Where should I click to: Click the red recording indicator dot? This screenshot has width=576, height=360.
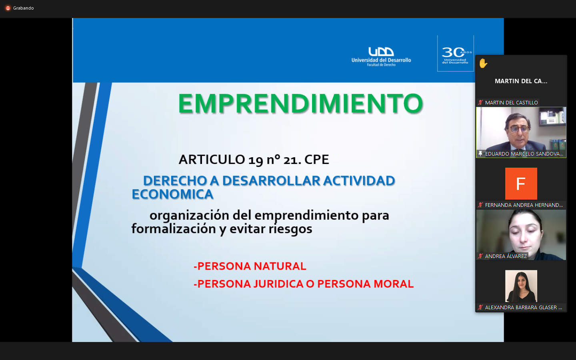tap(8, 8)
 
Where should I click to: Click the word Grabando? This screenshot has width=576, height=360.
tap(23, 8)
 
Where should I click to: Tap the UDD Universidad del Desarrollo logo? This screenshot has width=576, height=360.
tap(381, 56)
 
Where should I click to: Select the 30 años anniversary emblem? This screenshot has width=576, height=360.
tap(455, 54)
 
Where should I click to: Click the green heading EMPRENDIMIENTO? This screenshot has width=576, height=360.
tap(300, 103)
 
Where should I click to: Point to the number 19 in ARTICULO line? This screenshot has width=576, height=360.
tap(256, 160)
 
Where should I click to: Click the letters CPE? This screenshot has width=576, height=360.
tap(316, 160)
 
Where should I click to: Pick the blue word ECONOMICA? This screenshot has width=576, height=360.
tap(172, 194)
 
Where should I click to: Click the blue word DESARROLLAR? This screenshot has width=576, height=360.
tap(271, 180)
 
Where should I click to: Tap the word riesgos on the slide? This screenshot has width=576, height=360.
tap(290, 229)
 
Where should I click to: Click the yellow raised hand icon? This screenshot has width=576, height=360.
tap(483, 63)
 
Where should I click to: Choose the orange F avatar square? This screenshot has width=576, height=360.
tap(521, 184)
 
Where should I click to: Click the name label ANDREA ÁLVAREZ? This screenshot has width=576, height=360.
tap(506, 256)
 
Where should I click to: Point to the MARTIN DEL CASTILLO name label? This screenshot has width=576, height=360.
tap(511, 102)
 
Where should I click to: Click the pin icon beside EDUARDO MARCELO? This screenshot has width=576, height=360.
tap(480, 154)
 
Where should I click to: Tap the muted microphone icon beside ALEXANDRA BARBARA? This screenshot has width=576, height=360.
tap(480, 307)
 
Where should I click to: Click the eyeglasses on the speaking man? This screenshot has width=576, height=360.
tap(520, 129)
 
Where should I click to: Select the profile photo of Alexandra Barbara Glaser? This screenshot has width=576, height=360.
tap(521, 286)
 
